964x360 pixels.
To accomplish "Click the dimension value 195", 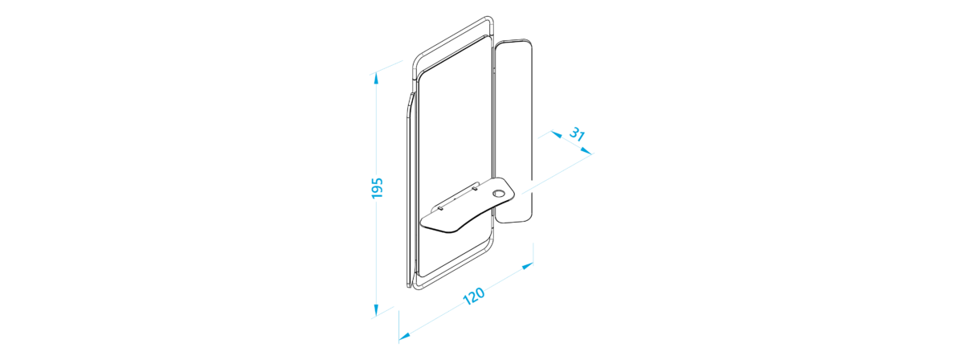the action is (377, 188).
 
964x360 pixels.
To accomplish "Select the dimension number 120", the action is (474, 296).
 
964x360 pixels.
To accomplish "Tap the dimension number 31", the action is (577, 134).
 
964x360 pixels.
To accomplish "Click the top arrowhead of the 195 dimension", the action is (376, 79).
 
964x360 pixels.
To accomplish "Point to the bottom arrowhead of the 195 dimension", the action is (376, 309).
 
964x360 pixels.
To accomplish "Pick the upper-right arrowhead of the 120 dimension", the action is (528, 266).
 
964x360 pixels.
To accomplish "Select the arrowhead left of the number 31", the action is (556, 135).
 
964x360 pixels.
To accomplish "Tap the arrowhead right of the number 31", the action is (586, 151).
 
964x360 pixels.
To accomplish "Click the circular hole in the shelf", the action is (498, 194).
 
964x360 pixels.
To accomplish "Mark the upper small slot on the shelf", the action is (474, 188).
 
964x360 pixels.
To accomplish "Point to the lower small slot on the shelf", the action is (440, 208).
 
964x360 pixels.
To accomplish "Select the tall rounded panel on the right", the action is (515, 131).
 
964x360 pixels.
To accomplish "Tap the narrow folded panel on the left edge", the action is (411, 190).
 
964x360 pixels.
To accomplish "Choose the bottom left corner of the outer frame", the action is (416, 288).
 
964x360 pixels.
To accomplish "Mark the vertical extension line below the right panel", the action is (533, 254).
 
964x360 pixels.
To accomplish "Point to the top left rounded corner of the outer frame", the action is (416, 63).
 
